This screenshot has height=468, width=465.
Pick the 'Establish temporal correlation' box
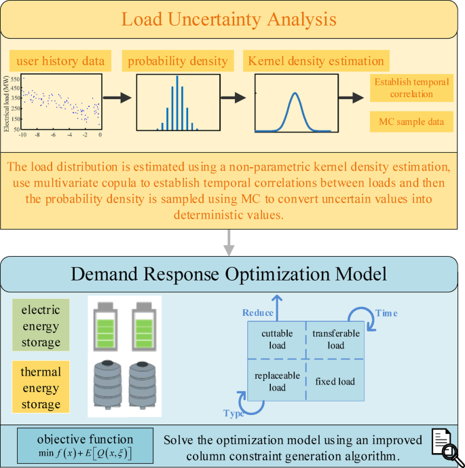click(411, 88)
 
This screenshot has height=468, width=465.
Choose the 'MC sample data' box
click(411, 122)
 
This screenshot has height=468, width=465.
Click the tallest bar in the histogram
click(176, 102)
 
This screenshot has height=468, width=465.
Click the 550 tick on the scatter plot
click(14, 79)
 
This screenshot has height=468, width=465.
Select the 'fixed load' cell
click(335, 381)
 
